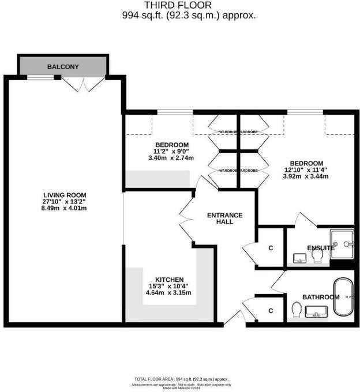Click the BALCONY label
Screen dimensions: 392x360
[x=63, y=67]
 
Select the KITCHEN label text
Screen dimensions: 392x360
[x=168, y=279]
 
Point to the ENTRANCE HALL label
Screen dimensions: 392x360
[x=225, y=218]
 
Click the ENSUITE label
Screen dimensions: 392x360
[x=321, y=248]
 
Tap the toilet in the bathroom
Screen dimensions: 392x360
[x=297, y=310]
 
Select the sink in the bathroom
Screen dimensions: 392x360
[x=316, y=313]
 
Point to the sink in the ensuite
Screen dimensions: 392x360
[x=299, y=258]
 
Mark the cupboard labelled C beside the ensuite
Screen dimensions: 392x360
[x=270, y=248]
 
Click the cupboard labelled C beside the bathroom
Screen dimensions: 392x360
[x=270, y=311]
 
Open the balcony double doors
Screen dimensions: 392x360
[x=77, y=84]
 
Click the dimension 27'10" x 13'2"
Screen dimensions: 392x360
[x=64, y=202]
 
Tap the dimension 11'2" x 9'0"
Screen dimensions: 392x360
[x=171, y=151]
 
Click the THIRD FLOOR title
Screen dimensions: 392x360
[x=190, y=6]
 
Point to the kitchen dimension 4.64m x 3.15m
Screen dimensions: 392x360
[x=168, y=293]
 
